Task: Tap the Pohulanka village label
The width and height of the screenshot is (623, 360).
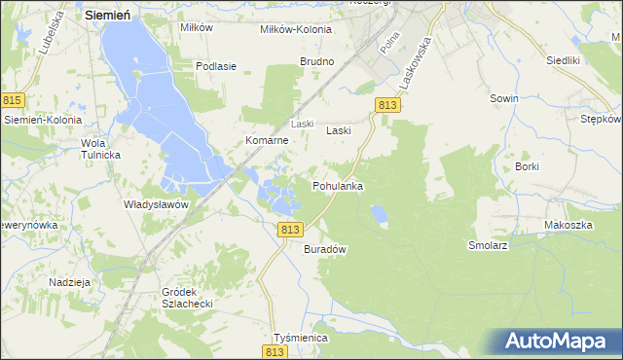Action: (338, 185)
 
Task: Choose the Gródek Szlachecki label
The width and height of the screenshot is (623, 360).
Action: (187, 297)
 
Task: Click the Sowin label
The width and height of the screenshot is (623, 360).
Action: (503, 98)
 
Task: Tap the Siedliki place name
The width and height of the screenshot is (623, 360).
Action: (563, 59)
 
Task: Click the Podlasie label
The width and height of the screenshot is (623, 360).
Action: (216, 66)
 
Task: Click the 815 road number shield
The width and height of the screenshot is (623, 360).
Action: (12, 100)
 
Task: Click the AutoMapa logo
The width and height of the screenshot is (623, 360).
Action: (556, 342)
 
